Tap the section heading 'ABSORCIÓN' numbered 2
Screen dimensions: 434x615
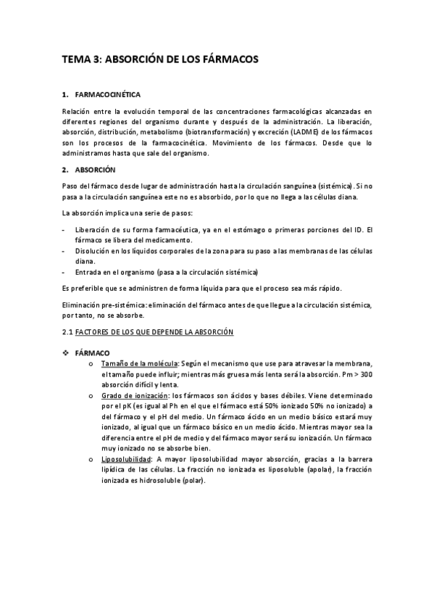coord(95,170)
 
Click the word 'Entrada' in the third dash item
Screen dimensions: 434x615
coord(88,272)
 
